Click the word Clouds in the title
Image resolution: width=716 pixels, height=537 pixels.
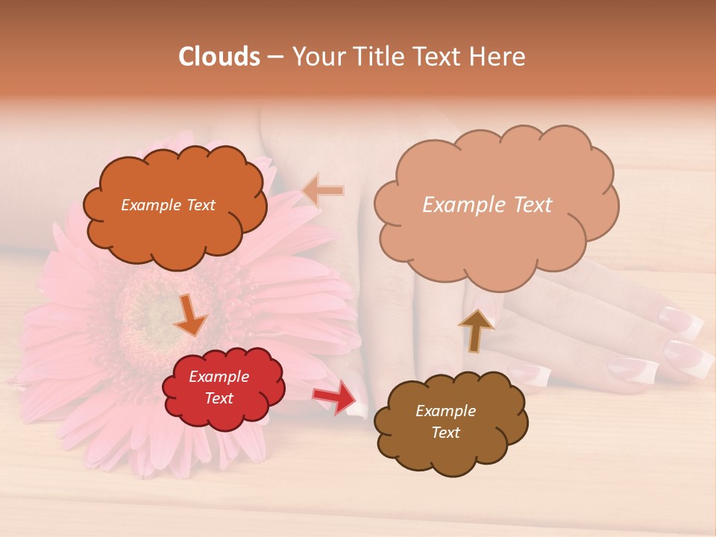pyautogui.click(x=219, y=57)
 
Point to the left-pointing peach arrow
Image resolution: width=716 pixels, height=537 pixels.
pyautogui.click(x=323, y=190)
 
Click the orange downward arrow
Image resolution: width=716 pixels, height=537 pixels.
pyautogui.click(x=190, y=315)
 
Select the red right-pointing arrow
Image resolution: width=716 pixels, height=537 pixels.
pyautogui.click(x=335, y=396)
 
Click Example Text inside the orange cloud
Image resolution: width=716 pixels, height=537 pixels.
pyautogui.click(x=168, y=205)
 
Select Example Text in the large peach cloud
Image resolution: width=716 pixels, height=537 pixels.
pyautogui.click(x=487, y=205)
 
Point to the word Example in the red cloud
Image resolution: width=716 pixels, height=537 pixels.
pyautogui.click(x=219, y=377)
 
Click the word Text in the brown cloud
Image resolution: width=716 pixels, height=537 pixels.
pyautogui.click(x=446, y=433)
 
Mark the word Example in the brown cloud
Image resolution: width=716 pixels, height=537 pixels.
pyautogui.click(x=445, y=411)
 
